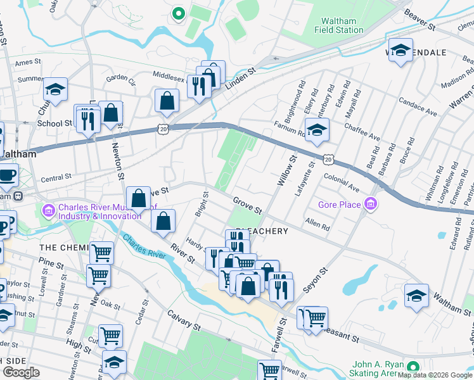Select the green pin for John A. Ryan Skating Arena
pos(413,367)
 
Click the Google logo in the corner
pos(22,372)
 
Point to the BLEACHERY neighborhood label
pos(262,231)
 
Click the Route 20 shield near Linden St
pos(163,129)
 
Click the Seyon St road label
pos(316,279)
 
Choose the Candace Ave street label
pos(418,106)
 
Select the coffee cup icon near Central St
pos(7,174)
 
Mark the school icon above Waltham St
pos(416,297)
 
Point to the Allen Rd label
pos(317,224)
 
